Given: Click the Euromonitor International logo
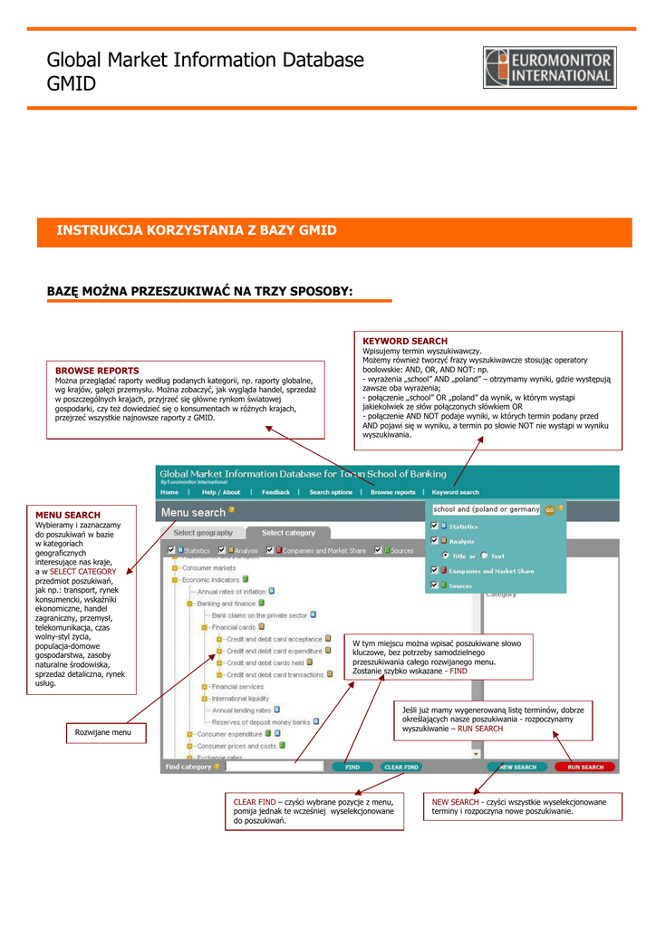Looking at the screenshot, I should tap(550, 68).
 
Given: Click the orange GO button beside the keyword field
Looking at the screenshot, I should tap(549, 509).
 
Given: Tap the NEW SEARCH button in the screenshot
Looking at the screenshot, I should tap(517, 767).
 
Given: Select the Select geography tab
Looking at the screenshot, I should tap(203, 533).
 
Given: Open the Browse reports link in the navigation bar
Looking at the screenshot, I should tap(392, 492).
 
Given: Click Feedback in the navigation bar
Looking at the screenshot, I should tap(275, 492).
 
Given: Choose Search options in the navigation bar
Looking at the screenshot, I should tap(331, 492).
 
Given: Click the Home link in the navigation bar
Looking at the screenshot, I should tap(169, 492).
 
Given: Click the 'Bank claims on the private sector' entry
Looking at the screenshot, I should tap(259, 614).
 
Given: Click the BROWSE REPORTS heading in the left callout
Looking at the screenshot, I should tap(97, 371).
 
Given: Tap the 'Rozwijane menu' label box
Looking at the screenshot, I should tap(102, 732).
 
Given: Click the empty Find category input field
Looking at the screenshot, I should tap(274, 767).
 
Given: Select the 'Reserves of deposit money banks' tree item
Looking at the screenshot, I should tap(261, 722).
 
